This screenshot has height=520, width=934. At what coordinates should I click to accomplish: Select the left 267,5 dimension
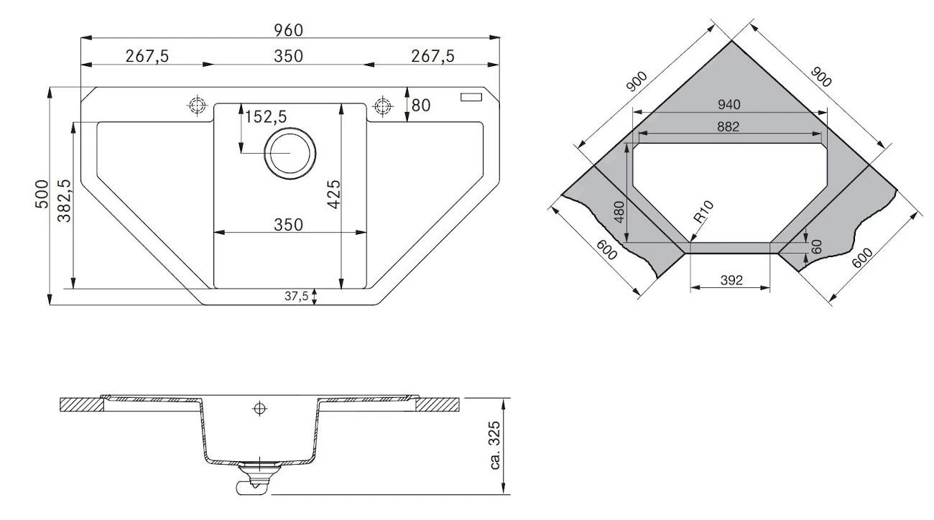tap(147, 56)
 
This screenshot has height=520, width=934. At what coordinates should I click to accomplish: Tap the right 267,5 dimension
tap(433, 56)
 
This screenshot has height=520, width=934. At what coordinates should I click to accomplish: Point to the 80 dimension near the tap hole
tap(420, 106)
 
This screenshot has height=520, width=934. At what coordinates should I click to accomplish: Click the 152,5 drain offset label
tap(266, 116)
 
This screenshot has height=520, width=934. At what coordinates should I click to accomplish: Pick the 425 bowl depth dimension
tap(333, 195)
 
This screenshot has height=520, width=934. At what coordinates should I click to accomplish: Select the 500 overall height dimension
tap(41, 194)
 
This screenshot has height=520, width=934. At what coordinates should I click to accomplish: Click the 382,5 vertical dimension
tap(65, 201)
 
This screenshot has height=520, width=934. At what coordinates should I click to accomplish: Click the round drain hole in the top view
tap(290, 154)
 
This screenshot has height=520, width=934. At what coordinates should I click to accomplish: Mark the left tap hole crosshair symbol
tap(195, 106)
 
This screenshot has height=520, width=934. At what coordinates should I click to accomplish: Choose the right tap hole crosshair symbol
tap(382, 106)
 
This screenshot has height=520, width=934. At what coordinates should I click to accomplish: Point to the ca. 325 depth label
tap(496, 445)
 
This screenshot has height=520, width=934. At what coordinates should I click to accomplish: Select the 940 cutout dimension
tap(728, 105)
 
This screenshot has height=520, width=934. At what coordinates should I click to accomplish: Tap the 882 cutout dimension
tap(727, 127)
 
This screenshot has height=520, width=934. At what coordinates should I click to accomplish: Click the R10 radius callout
tap(703, 216)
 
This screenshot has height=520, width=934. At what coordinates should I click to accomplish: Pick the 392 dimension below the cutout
tap(730, 280)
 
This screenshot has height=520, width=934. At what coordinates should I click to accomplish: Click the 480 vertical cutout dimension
tap(620, 213)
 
